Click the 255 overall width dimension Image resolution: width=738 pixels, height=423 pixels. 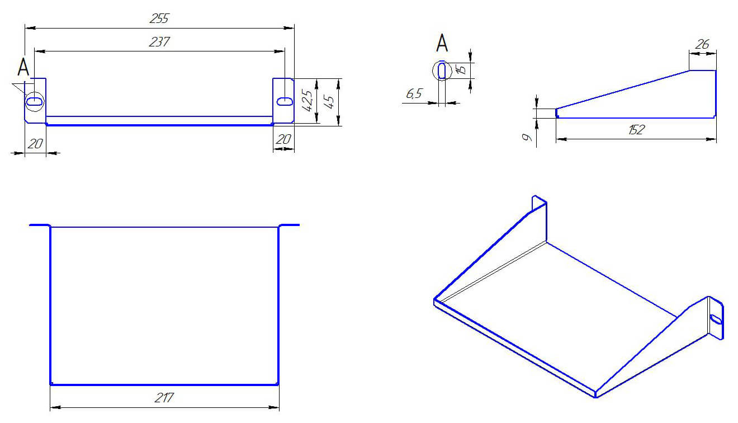click(x=159, y=18)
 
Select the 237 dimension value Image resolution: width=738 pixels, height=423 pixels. click(x=159, y=42)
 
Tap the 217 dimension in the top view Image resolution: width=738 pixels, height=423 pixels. click(x=164, y=398)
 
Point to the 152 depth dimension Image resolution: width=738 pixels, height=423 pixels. click(x=636, y=130)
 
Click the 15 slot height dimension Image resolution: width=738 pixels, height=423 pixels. click(x=461, y=70)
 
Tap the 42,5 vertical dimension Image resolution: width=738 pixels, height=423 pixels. click(x=307, y=101)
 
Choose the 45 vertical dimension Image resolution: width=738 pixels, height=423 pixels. click(x=330, y=102)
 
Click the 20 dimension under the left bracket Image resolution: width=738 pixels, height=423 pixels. click(x=35, y=144)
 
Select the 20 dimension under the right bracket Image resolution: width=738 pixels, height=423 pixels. click(x=283, y=139)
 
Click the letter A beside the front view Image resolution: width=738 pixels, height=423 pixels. click(x=23, y=67)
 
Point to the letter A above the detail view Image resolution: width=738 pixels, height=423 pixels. click(x=442, y=43)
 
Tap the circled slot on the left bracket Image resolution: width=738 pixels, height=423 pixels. click(x=34, y=101)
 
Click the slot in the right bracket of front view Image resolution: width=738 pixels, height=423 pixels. click(x=285, y=101)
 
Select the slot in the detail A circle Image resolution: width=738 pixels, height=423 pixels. click(x=442, y=70)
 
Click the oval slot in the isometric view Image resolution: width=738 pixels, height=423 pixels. click(x=716, y=319)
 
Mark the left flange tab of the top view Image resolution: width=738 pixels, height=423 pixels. click(x=40, y=225)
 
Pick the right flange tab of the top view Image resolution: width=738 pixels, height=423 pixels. click(x=289, y=225)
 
